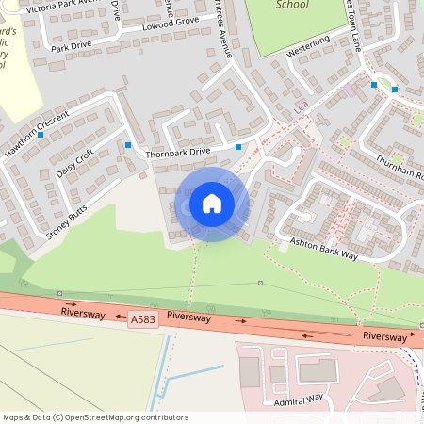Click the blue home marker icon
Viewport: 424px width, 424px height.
212,203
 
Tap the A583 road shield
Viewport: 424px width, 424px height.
144,320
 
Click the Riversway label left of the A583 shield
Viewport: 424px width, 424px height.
82,312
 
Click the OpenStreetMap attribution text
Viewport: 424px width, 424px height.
95,416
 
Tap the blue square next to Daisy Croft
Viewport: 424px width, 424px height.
128,145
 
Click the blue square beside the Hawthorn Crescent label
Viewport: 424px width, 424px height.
41,135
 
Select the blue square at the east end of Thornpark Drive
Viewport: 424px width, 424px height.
238,147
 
